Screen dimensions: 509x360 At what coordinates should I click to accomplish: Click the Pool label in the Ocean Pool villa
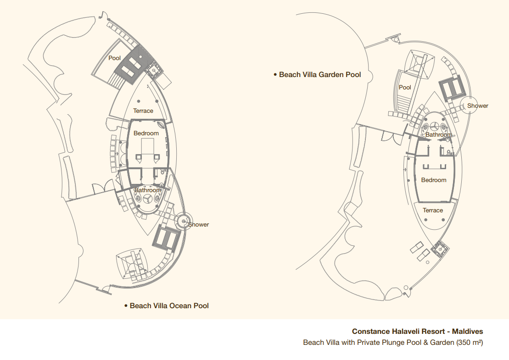[x=114, y=58]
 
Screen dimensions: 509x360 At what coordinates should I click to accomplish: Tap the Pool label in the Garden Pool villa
[x=405, y=87]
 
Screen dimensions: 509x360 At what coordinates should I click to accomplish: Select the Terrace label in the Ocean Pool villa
[x=143, y=111]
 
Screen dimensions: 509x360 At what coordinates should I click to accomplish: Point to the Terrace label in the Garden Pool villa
[x=433, y=210]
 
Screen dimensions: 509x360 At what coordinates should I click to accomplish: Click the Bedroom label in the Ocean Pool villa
[x=146, y=133]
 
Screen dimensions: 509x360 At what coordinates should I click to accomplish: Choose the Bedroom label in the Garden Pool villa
[x=434, y=180]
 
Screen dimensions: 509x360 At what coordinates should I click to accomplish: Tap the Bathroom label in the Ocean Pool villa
[x=148, y=190]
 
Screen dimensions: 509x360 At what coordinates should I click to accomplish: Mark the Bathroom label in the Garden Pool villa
[x=439, y=134]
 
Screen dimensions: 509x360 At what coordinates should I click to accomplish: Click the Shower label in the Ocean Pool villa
[x=199, y=224]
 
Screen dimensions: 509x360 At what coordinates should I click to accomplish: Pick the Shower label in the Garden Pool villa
[x=477, y=106]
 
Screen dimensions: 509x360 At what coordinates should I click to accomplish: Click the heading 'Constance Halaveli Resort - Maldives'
[x=418, y=332]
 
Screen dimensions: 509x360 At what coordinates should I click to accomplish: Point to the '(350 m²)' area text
[x=470, y=343]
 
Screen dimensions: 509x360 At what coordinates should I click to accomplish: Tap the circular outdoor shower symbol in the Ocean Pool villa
[x=184, y=221]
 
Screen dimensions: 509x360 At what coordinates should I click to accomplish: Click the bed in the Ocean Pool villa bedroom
[x=148, y=149]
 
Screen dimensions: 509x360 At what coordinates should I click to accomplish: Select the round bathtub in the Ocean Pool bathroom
[x=147, y=199]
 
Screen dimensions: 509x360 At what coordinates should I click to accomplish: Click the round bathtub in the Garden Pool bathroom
[x=435, y=126]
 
